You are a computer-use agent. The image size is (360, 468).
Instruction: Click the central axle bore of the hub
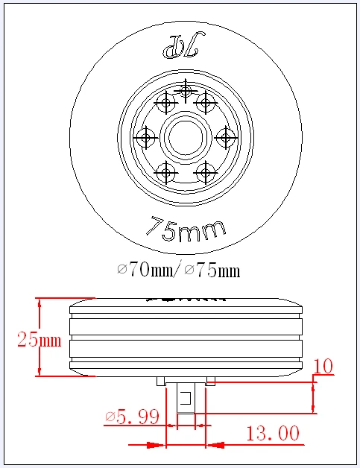tap(185, 138)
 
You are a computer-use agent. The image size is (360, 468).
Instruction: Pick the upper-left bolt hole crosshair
tap(165, 103)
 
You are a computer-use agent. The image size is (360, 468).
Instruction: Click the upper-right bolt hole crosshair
tap(205, 103)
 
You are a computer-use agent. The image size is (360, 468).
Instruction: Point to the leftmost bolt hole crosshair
tap(145, 138)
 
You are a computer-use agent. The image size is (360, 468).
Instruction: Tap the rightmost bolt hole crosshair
tap(225, 137)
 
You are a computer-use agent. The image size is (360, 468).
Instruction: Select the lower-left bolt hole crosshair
tap(165, 173)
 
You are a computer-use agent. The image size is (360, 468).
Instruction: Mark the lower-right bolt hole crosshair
tap(205, 173)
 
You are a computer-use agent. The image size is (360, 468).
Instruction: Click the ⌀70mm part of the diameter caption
tap(145, 270)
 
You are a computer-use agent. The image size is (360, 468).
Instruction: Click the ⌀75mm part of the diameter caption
tap(212, 270)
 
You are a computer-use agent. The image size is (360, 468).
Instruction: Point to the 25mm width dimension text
tap(39, 340)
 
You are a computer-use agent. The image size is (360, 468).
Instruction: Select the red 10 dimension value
tap(323, 366)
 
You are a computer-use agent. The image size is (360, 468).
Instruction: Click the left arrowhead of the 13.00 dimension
tap(157, 446)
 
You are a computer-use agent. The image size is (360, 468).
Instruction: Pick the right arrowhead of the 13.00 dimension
tap(215, 446)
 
